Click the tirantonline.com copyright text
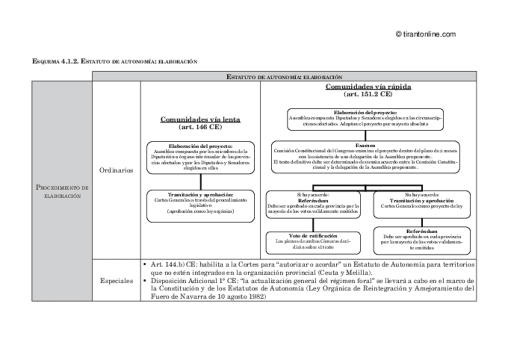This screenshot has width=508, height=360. coord(426,35)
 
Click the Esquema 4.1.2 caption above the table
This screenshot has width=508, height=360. coord(114,62)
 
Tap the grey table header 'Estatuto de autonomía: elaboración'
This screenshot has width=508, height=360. coord(285,77)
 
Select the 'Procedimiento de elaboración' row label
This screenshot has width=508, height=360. coord(62,192)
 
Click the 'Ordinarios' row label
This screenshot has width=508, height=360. coord(116,170)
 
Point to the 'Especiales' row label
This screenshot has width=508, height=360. coord(116,280)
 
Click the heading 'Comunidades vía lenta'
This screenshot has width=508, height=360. coord(200,119)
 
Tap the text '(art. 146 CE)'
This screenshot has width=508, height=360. coord(200,127)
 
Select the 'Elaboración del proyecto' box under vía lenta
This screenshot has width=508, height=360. coord(200,157)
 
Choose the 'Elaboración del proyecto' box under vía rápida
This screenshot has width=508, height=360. coord(365,119)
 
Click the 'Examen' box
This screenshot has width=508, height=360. coord(365,156)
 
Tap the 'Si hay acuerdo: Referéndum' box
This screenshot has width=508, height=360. coord(313,204)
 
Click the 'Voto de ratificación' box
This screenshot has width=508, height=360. coord(313,241)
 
